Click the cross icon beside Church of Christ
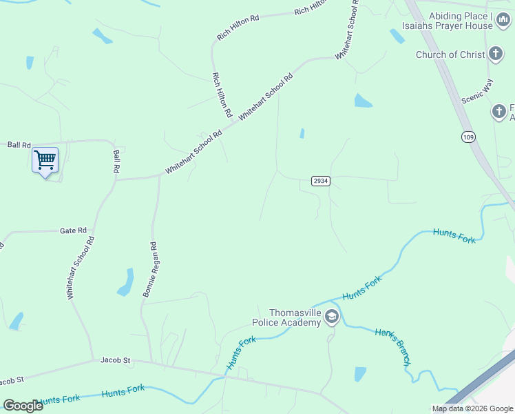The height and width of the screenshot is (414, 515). (496, 54)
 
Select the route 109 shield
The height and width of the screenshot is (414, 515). (469, 137)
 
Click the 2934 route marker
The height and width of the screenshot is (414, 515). (321, 181)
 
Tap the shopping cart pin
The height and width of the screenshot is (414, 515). (45, 161)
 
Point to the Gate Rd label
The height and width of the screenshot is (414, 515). (73, 230)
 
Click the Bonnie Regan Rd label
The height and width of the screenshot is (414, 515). (151, 269)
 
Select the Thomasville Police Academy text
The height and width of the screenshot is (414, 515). (286, 317)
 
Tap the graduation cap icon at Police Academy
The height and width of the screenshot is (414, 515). (332, 317)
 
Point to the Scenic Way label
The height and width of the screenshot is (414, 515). (477, 90)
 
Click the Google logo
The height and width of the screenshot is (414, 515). (23, 406)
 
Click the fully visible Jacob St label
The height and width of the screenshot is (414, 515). (115, 360)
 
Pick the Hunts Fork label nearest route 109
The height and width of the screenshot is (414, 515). (454, 235)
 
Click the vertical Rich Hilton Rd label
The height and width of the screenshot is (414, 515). (222, 95)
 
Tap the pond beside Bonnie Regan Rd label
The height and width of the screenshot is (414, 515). (126, 282)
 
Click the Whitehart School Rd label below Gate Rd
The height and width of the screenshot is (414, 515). (80, 268)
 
